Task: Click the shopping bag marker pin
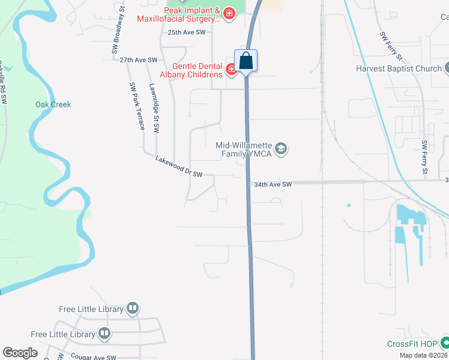(x=246, y=61)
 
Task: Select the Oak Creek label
(x=53, y=104)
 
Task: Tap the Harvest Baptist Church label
(x=398, y=68)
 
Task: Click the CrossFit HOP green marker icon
(x=445, y=343)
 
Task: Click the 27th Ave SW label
(x=138, y=60)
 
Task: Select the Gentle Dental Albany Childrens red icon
(x=231, y=70)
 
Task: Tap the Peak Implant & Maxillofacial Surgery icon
(x=229, y=13)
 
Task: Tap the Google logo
(x=20, y=353)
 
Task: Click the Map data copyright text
(x=423, y=355)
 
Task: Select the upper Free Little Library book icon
(x=133, y=309)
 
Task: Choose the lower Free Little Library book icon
(x=105, y=334)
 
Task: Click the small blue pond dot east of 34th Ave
(x=348, y=206)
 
